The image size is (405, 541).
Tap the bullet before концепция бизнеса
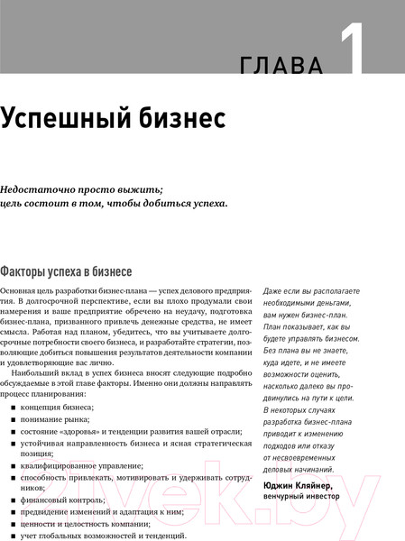(x=14, y=407)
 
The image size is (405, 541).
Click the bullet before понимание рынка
(x=14, y=419)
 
